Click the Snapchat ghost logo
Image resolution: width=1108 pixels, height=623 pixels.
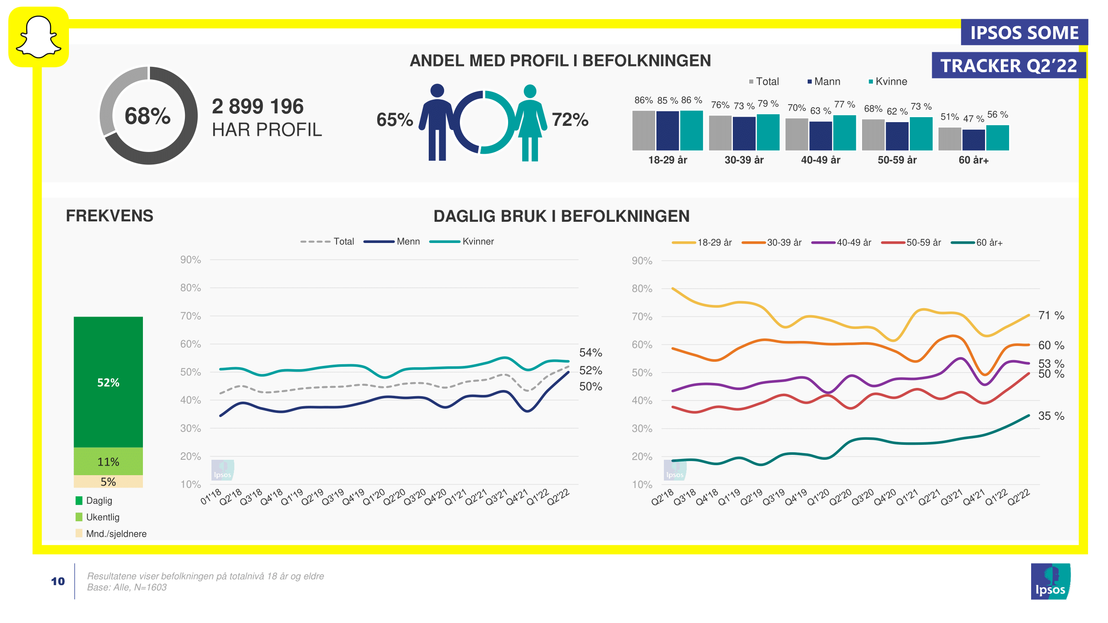pyautogui.click(x=38, y=37)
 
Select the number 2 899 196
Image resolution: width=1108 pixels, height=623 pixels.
pyautogui.click(x=257, y=106)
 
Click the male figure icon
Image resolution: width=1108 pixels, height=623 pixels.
pyautogui.click(x=437, y=122)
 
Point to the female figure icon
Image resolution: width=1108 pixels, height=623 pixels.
pyautogui.click(x=530, y=123)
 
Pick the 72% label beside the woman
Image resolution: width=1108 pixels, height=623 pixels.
pyautogui.click(x=570, y=120)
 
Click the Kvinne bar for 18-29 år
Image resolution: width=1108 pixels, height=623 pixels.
pyautogui.click(x=691, y=130)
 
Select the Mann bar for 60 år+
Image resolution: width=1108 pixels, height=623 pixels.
pyautogui.click(x=973, y=140)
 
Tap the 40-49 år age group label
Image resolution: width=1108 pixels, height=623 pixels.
pyautogui.click(x=820, y=160)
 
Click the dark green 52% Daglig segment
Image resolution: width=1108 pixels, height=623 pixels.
pyautogui.click(x=108, y=382)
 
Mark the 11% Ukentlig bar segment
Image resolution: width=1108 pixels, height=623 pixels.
pyautogui.click(x=108, y=461)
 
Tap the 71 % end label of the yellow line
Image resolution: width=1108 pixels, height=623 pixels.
pyautogui.click(x=1051, y=315)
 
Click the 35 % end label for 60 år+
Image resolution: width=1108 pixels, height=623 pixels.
pyautogui.click(x=1051, y=416)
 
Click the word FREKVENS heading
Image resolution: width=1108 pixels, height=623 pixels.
pyautogui.click(x=109, y=216)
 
